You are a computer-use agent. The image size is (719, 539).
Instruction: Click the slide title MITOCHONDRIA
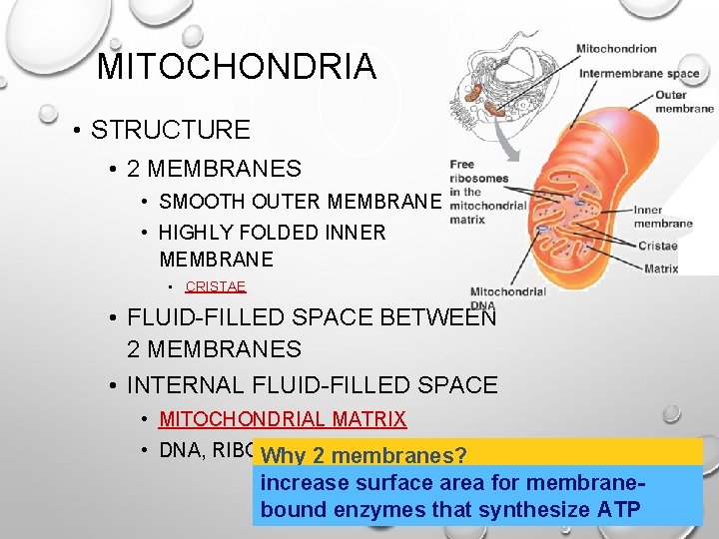(x=237, y=68)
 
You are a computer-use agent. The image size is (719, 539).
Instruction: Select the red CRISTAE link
(x=215, y=286)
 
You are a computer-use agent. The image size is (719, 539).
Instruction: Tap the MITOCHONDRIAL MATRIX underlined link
(x=283, y=419)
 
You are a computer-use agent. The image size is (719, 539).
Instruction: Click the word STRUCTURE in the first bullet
(x=170, y=130)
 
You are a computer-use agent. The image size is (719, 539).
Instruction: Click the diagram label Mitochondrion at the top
(x=616, y=48)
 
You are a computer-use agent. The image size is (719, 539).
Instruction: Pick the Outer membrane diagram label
(x=684, y=102)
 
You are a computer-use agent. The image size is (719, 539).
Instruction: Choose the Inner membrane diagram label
(x=663, y=217)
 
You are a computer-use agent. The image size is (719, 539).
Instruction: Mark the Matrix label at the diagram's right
(x=661, y=269)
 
